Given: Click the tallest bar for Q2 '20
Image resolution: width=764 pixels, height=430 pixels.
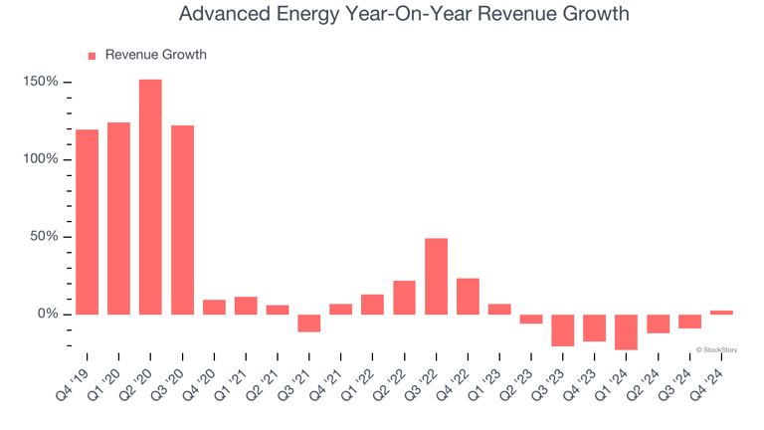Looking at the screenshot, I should point(150,197).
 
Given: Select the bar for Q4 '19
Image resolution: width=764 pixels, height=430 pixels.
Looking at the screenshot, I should point(87,222).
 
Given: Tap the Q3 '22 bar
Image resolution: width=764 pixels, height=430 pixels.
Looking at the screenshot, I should point(436,277).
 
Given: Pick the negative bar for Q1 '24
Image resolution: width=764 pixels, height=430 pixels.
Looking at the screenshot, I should point(626,332).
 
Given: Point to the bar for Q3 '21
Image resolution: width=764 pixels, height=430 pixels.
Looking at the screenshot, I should point(309,323).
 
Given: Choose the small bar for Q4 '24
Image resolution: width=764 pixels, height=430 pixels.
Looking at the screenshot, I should point(721,313).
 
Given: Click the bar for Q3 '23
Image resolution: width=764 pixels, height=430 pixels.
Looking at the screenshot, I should point(563,330).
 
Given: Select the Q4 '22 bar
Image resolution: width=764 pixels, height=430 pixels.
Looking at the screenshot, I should point(468,297).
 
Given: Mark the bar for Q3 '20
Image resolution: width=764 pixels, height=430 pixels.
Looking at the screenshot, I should point(182,220).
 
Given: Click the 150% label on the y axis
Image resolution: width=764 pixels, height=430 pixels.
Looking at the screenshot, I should point(41,82).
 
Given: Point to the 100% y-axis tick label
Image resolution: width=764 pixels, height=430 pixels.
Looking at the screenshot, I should point(41,159).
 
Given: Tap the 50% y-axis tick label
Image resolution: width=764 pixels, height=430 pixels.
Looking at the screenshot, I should point(44,237).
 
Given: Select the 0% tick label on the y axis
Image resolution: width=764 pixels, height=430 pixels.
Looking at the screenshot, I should point(48,315).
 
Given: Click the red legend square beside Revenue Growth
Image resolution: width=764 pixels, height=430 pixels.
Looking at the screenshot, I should point(93,56).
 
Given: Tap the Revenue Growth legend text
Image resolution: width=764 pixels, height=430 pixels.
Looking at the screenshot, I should point(156,55).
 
